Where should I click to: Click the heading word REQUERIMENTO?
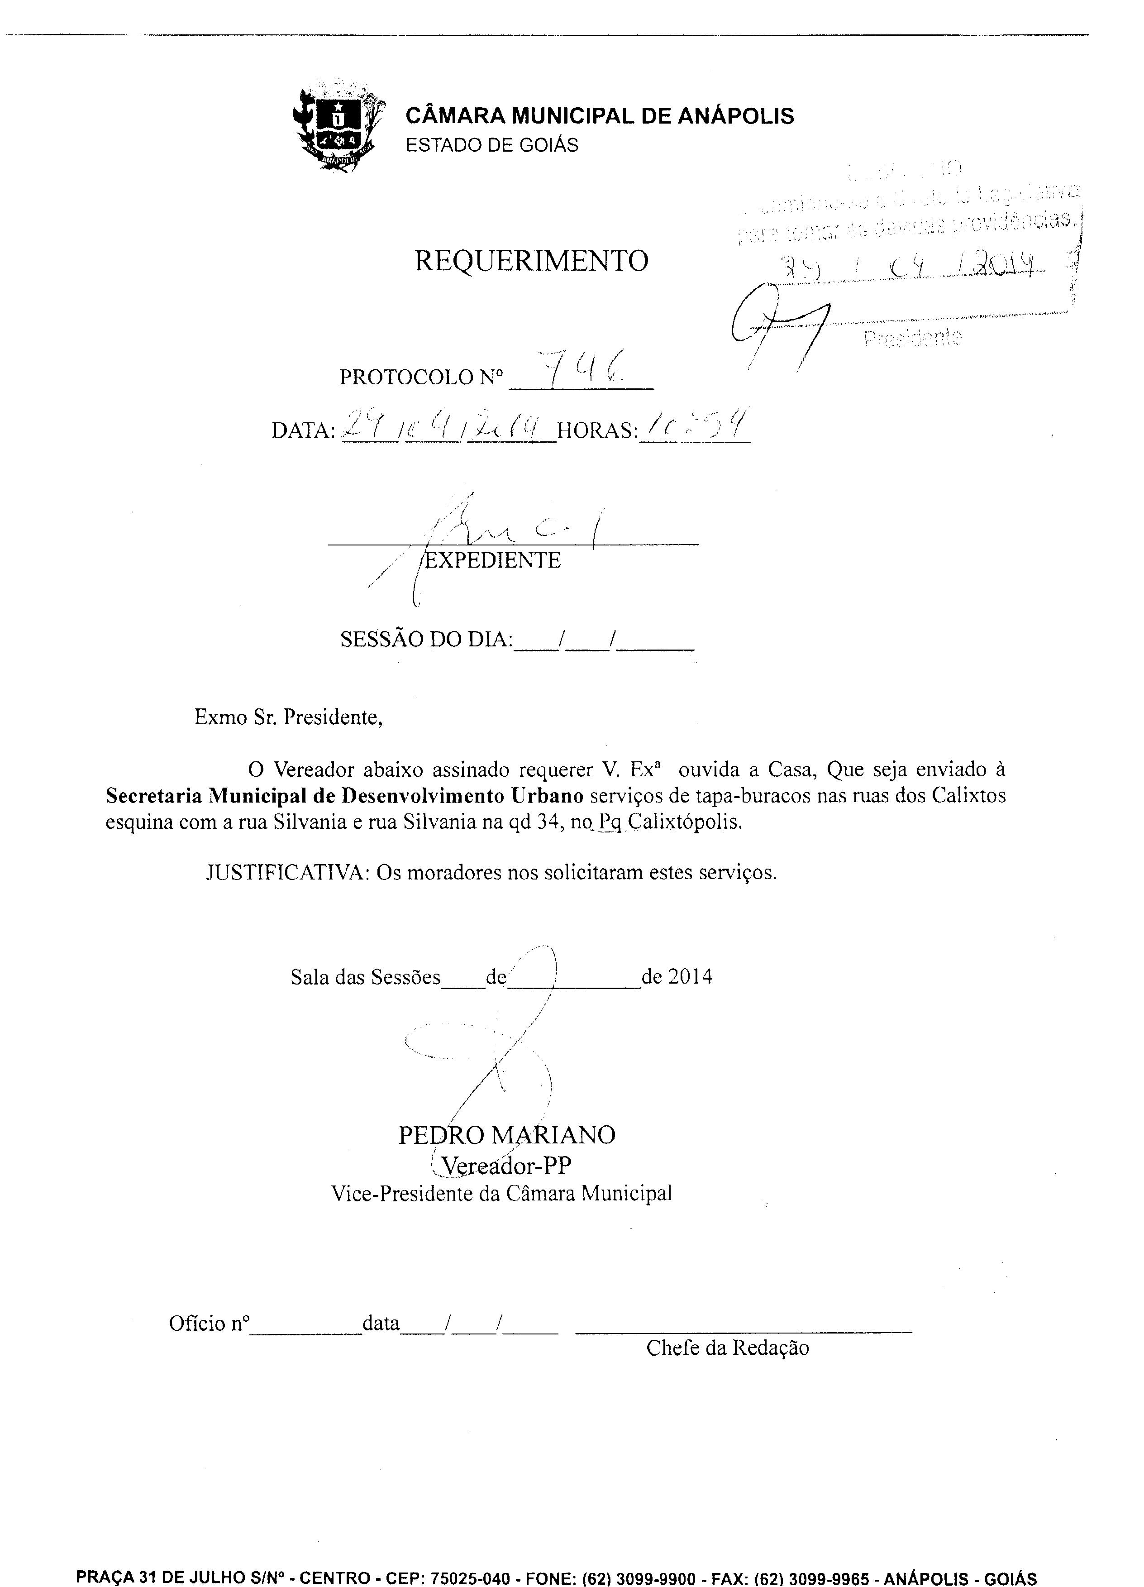click(531, 261)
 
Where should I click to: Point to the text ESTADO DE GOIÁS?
click(492, 146)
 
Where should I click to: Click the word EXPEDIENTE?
click(493, 560)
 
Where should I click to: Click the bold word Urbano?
click(547, 796)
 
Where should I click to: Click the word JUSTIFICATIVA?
click(287, 873)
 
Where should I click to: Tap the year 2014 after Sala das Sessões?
click(690, 977)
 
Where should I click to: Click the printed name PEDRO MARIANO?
click(506, 1135)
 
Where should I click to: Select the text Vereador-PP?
click(506, 1166)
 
